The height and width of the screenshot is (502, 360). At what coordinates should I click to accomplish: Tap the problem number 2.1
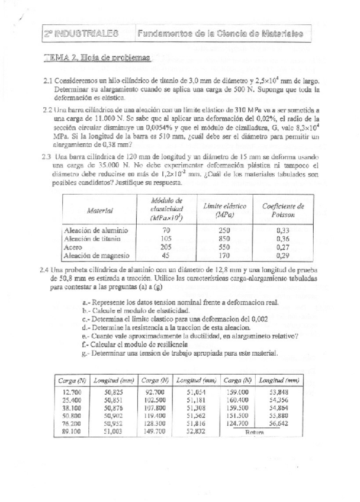click(x=49, y=81)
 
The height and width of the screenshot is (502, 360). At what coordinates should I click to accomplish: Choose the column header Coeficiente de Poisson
click(x=283, y=210)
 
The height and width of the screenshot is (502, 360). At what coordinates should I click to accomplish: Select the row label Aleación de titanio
click(x=92, y=239)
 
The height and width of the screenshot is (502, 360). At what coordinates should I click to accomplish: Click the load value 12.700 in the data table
click(x=71, y=392)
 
